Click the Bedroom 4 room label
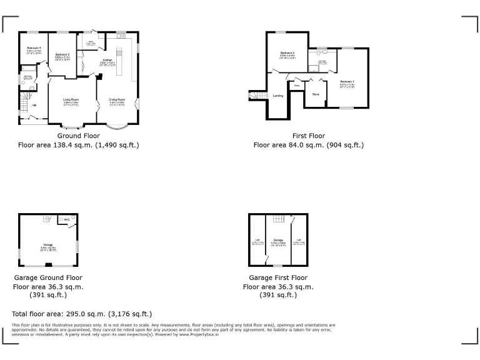(x=34, y=48)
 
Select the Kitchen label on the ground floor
(x=107, y=60)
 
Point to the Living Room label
(x=71, y=99)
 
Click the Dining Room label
(x=117, y=99)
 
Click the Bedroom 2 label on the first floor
(x=287, y=54)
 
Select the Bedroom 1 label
(x=347, y=82)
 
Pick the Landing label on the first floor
(x=278, y=96)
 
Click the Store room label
(x=316, y=94)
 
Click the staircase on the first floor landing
(x=256, y=95)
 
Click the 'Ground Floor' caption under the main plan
(x=79, y=136)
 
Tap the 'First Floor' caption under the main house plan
(x=308, y=136)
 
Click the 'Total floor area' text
(x=82, y=314)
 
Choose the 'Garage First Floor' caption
(x=277, y=277)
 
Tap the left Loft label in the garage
(x=256, y=240)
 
